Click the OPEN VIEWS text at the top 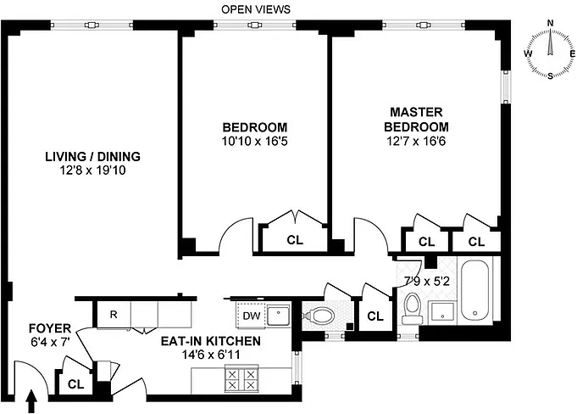coord(255,9)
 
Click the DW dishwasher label coord(251,316)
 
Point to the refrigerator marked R coord(112,315)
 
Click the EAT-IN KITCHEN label coord(211,341)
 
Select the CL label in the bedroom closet coord(294,240)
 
